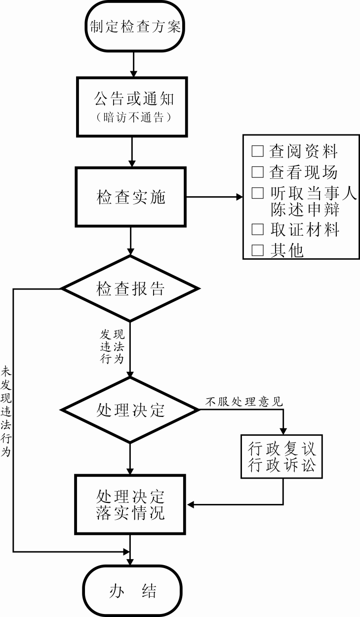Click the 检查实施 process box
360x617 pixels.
[131, 197]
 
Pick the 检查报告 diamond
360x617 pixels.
[130, 288]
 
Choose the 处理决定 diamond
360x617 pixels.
[130, 410]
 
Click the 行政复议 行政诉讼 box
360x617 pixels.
[281, 457]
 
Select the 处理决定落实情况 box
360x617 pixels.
[131, 504]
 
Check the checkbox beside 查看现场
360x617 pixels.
[257, 172]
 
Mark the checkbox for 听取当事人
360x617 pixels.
[257, 193]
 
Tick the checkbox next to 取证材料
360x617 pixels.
[257, 229]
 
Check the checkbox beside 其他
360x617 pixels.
[257, 250]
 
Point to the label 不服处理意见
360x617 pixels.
[244, 402]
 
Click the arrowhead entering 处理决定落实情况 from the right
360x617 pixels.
[191, 504]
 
